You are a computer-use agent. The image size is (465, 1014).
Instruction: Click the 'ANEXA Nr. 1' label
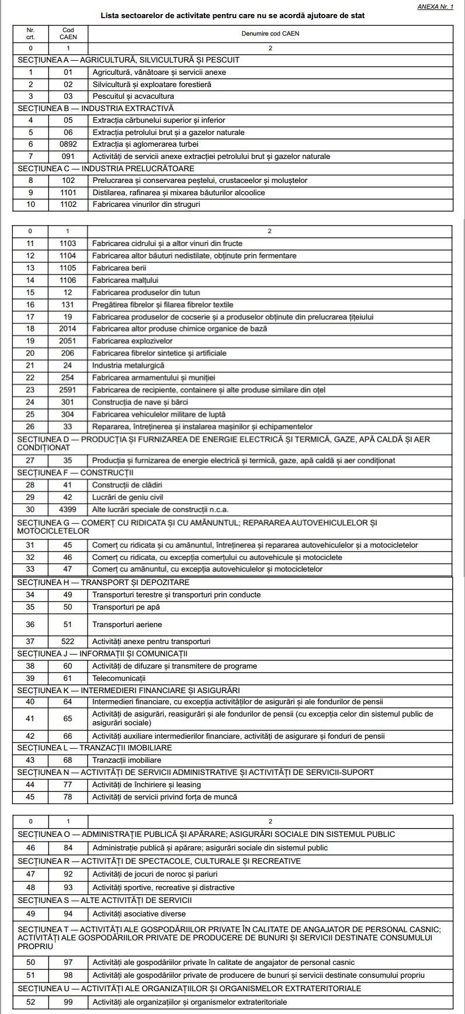coord(435,6)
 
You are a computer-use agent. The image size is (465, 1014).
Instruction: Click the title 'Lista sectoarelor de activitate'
coord(232,16)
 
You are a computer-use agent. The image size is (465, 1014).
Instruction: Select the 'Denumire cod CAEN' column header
coord(270,33)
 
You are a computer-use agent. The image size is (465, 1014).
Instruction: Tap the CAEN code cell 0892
coord(68,144)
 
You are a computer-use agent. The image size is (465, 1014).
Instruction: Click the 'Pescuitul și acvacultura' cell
coord(133,96)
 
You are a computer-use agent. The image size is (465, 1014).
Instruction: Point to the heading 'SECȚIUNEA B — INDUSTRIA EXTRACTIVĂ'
coord(96,108)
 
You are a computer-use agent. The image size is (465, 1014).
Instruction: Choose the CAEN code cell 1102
coord(68,205)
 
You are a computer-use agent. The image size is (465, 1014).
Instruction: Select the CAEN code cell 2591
coord(68,390)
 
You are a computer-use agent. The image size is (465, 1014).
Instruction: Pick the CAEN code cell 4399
coord(68,510)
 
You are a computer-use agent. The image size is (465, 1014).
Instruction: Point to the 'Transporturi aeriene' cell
coord(127,625)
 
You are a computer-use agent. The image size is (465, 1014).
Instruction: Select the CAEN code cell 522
coord(68,642)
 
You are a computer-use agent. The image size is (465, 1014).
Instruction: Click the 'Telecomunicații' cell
coord(119,679)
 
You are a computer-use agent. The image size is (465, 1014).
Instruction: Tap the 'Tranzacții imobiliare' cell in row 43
coord(127,760)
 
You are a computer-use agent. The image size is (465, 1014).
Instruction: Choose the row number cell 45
coord(30,797)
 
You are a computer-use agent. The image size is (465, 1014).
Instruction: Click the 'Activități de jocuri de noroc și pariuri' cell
coord(155,874)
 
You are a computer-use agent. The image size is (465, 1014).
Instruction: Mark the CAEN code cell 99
coord(68,1002)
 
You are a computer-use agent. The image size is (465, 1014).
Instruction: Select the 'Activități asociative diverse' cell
coord(139,914)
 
